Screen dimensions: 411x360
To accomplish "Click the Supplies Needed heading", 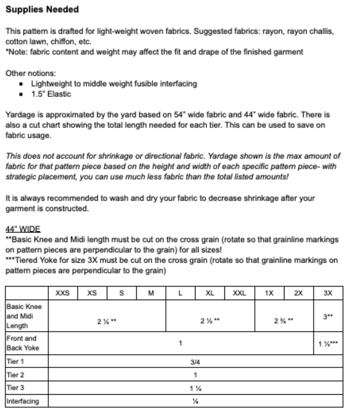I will coord(42,10).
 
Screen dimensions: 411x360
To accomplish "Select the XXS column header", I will coord(63,293).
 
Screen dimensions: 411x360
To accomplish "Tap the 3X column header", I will coord(328,293).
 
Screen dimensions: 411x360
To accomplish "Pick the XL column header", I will coord(210,293).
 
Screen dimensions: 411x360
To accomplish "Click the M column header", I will coord(151,293).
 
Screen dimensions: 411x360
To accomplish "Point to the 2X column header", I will coord(298,293).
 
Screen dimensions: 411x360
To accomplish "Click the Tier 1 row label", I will coord(15,361).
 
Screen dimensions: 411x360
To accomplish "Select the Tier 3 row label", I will coord(15,387).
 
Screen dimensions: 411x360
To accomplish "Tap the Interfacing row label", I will coord(23,401).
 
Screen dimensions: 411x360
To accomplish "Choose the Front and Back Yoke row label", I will coord(23,343).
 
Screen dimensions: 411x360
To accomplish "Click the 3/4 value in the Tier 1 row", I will coord(195,362).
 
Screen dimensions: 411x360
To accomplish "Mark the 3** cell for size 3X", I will coord(328,317).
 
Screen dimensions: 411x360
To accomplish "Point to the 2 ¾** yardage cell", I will coord(283,321).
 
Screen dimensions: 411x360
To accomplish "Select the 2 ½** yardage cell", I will coord(210,321).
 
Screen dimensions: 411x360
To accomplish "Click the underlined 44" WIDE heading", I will coord(23,229).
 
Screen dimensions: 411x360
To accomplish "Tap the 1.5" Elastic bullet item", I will coord(51,94).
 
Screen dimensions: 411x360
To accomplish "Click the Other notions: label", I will coord(31,73).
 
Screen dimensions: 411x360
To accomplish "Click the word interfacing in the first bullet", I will coord(178,84).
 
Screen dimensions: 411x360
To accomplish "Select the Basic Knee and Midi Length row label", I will coord(24,316).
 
